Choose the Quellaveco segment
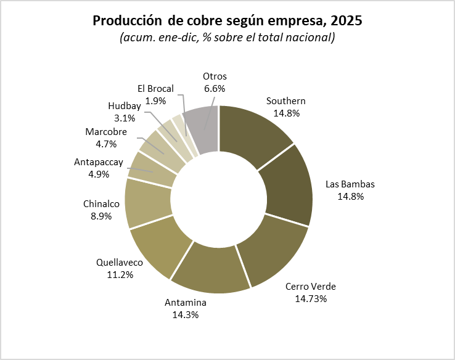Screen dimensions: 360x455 click(158, 250)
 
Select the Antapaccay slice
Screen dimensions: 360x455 click(152, 170)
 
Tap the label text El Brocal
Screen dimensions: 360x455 click(155, 88)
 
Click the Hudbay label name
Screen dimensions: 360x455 click(125, 105)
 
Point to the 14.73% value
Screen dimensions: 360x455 click(311, 298)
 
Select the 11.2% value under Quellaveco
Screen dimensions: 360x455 click(120, 274)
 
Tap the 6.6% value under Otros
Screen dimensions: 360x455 click(215, 88)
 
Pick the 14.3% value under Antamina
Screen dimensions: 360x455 click(186, 314)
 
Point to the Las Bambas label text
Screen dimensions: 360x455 click(350, 184)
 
